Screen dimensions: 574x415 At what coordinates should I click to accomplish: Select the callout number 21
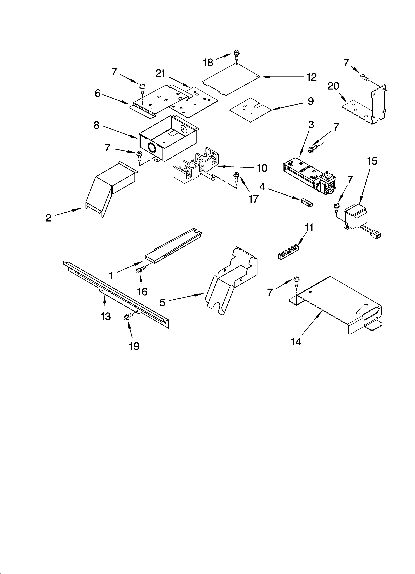[x=160, y=73]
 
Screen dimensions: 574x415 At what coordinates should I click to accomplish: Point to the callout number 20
[x=333, y=86]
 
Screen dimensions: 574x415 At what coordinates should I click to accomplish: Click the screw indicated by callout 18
[x=237, y=55]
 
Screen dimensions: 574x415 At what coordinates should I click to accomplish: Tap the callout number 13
[x=106, y=316]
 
